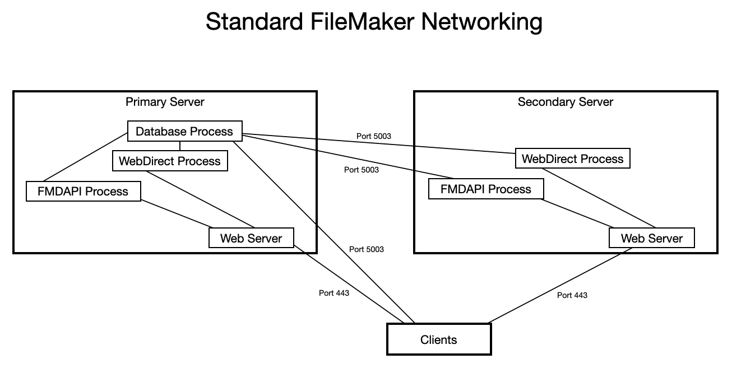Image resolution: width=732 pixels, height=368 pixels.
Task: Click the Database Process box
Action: pyautogui.click(x=184, y=132)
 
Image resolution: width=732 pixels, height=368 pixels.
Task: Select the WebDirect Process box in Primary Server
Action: pyautogui.click(x=169, y=161)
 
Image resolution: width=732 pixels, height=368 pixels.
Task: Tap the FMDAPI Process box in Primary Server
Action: pyautogui.click(x=83, y=192)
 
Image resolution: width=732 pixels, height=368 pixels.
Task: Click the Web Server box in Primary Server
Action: pyautogui.click(x=251, y=238)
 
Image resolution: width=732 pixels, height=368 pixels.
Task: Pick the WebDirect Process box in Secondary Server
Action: pyautogui.click(x=572, y=159)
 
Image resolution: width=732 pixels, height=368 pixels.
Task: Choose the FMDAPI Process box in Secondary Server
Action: pyautogui.click(x=485, y=189)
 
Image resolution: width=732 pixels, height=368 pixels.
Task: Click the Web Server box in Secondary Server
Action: pyautogui.click(x=651, y=238)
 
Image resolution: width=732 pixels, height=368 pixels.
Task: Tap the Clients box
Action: pyautogui.click(x=438, y=339)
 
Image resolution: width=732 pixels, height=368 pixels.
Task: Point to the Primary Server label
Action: pyautogui.click(x=165, y=102)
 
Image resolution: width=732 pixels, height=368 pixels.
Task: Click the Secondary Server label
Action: pyautogui.click(x=565, y=102)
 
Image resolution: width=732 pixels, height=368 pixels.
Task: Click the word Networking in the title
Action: pyautogui.click(x=481, y=21)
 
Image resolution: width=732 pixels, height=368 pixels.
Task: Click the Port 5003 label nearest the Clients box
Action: pyautogui.click(x=367, y=249)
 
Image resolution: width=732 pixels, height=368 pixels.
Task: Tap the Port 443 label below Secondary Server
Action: pyautogui.click(x=572, y=295)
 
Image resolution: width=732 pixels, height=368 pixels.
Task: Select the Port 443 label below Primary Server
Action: pyautogui.click(x=333, y=293)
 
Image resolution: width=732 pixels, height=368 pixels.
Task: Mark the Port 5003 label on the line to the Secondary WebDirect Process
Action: pyautogui.click(x=373, y=136)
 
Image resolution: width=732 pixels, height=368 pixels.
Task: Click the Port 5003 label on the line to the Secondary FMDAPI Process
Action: pyautogui.click(x=361, y=170)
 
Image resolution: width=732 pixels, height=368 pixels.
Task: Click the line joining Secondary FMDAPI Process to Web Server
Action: pyautogui.click(x=577, y=213)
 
